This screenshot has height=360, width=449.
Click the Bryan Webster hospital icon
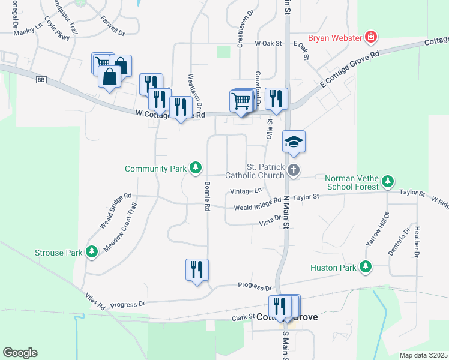tap(372, 37)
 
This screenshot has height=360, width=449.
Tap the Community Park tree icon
tap(195, 169)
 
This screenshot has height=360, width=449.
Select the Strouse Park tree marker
tap(92, 252)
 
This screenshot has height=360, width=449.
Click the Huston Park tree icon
tap(365, 267)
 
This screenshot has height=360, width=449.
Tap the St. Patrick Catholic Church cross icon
tap(294, 170)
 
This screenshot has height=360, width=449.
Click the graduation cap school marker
tap(294, 142)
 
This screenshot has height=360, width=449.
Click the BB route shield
tap(41, 79)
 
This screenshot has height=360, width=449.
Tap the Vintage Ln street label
tap(246, 191)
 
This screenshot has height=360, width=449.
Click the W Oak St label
tap(268, 43)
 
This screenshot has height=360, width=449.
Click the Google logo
tap(20, 353)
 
